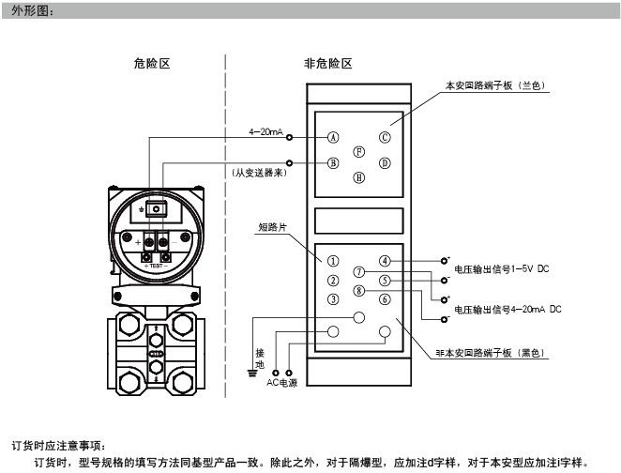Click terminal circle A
click(x=332, y=137)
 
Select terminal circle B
click(x=332, y=162)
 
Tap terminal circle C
click(x=384, y=137)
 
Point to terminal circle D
click(x=384, y=162)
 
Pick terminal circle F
click(x=357, y=150)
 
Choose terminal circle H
click(x=357, y=176)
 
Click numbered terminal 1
click(x=332, y=260)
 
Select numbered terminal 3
click(x=332, y=299)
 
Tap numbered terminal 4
click(x=385, y=260)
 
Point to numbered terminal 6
click(x=385, y=299)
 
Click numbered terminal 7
click(x=358, y=272)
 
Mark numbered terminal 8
click(x=358, y=291)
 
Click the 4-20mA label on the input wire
click(x=265, y=132)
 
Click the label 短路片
click(x=273, y=227)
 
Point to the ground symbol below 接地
click(x=250, y=372)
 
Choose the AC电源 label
click(x=282, y=383)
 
